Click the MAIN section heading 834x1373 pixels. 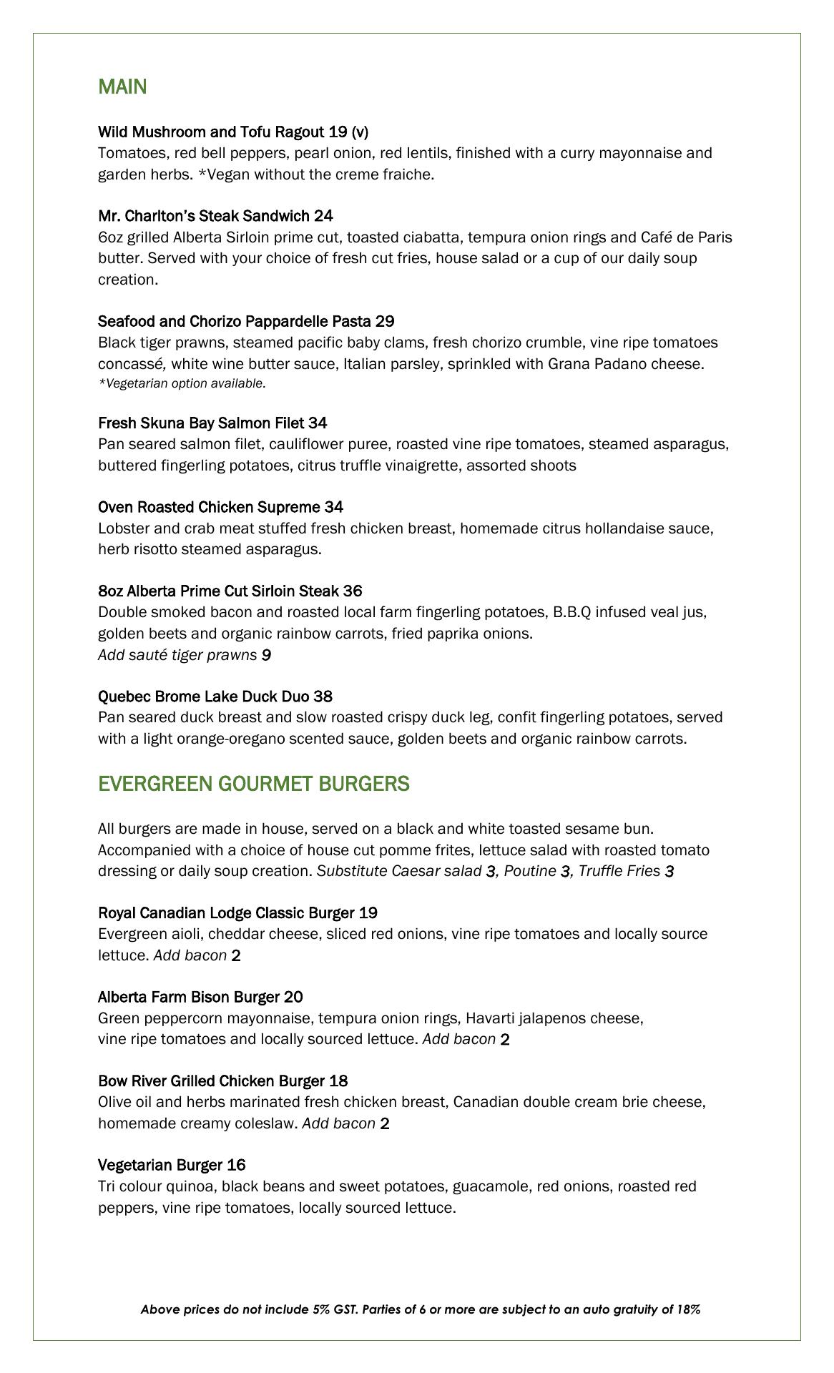(122, 87)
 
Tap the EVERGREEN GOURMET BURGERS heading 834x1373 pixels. (253, 784)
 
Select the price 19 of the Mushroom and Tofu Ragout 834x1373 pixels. (338, 132)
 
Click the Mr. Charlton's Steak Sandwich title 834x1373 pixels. (205, 216)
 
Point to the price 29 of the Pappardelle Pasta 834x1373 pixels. (384, 321)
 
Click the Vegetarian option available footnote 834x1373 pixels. (182, 384)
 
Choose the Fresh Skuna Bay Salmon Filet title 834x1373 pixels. (202, 423)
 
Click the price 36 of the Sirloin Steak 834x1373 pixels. (352, 591)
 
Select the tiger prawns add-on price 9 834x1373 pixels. (266, 655)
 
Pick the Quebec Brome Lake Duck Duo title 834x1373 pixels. (205, 697)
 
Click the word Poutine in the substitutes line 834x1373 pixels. (529, 871)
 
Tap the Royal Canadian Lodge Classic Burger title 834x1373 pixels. (227, 913)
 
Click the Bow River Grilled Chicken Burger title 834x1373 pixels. (212, 1081)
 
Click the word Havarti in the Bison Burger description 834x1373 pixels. (490, 1018)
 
